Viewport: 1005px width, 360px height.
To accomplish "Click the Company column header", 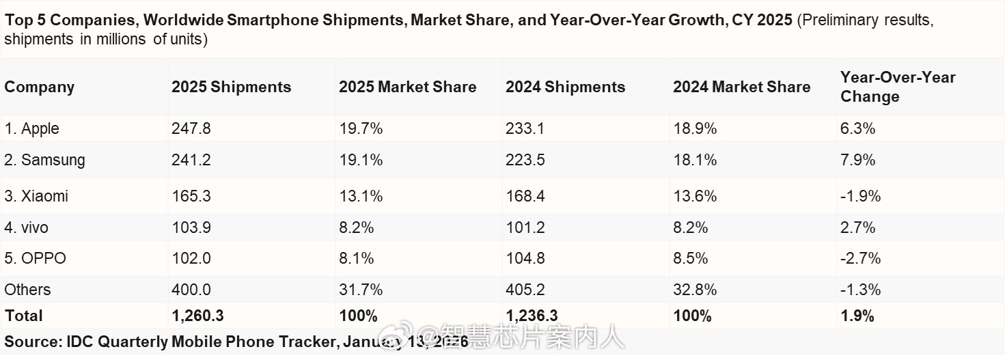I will pyautogui.click(x=39, y=87).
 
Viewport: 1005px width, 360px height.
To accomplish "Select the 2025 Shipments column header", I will pyautogui.click(x=231, y=87).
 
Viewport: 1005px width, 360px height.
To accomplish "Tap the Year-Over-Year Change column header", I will pyautogui.click(x=897, y=87).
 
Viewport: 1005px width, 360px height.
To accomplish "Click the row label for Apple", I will pyautogui.click(x=32, y=129).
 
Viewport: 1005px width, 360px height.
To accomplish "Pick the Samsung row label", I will pyautogui.click(x=45, y=161).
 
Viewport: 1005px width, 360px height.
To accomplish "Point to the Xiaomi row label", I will pyautogui.click(x=36, y=197).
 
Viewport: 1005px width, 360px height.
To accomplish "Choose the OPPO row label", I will pyautogui.click(x=36, y=259).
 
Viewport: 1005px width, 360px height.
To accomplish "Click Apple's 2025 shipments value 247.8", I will pyautogui.click(x=191, y=129).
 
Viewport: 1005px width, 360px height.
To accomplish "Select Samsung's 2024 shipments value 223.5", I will pyautogui.click(x=525, y=161).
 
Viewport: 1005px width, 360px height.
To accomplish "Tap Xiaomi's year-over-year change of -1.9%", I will pyautogui.click(x=860, y=197).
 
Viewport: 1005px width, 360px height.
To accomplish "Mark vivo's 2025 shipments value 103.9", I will pyautogui.click(x=191, y=227).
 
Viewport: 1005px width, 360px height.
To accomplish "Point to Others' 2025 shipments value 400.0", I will pyautogui.click(x=191, y=290).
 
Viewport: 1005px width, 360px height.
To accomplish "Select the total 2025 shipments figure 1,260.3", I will pyautogui.click(x=197, y=316).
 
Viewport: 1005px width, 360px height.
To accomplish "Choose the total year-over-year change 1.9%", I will pyautogui.click(x=857, y=316).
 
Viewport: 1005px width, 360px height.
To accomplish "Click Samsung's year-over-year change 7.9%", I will pyautogui.click(x=857, y=161).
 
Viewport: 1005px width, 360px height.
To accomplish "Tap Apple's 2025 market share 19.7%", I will pyautogui.click(x=361, y=129).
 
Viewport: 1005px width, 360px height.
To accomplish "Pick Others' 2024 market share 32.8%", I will pyautogui.click(x=695, y=290).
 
